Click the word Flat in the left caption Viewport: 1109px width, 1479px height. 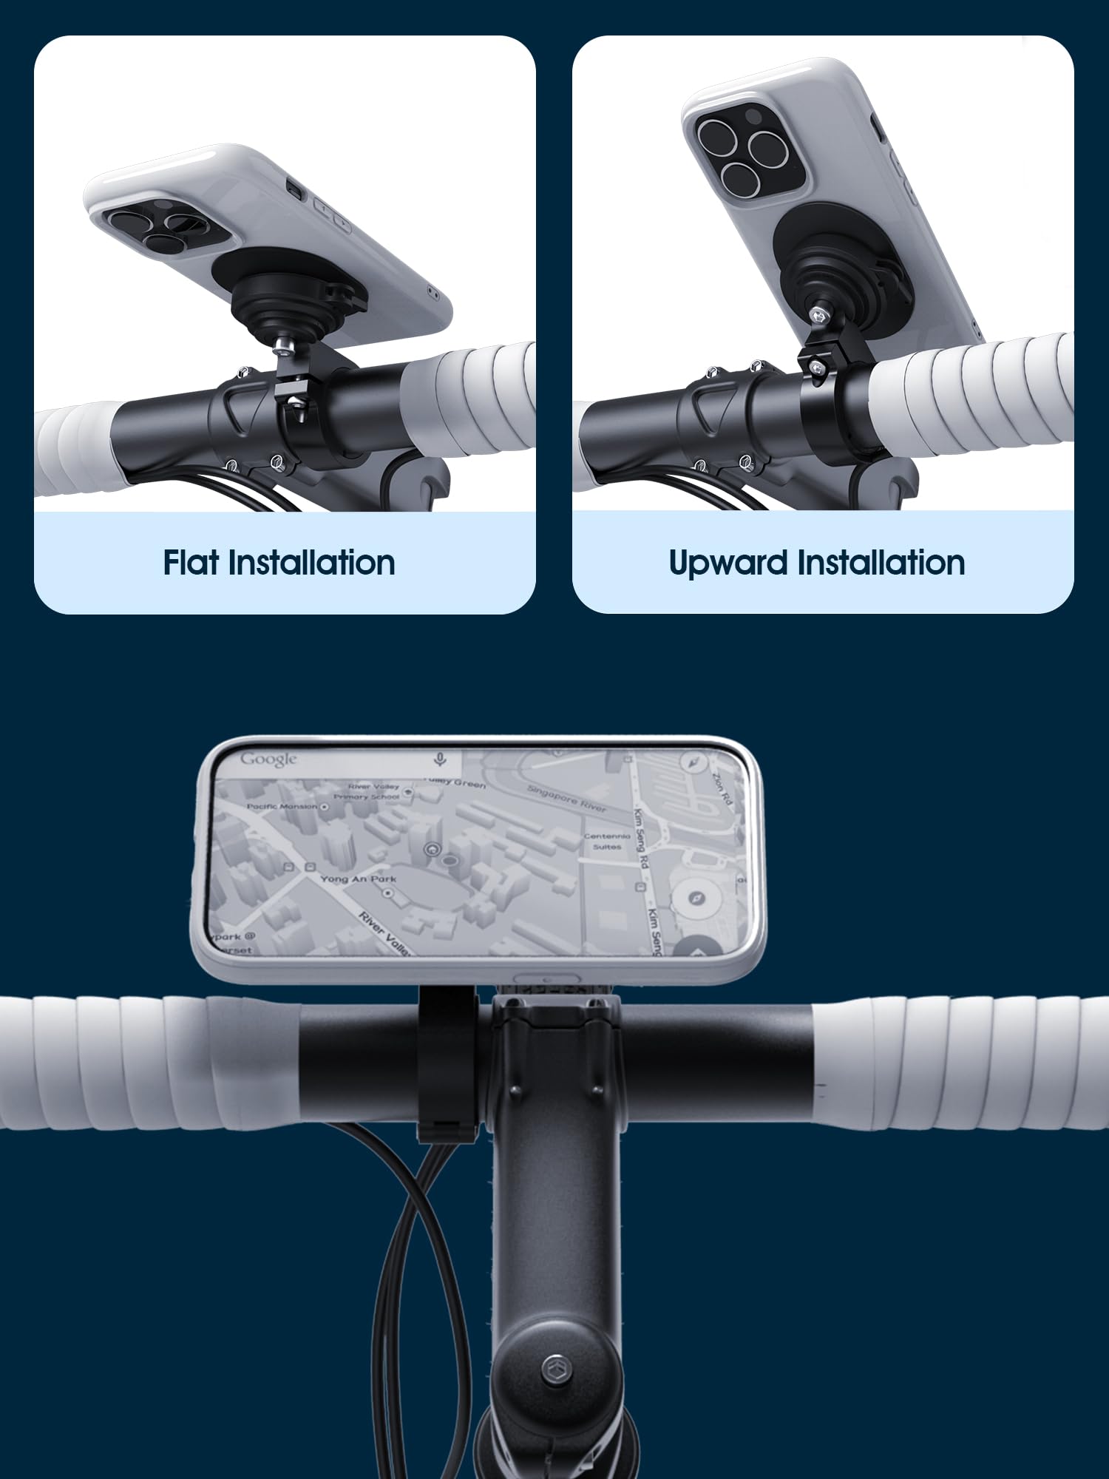tap(191, 563)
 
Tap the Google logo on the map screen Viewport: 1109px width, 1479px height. tap(268, 759)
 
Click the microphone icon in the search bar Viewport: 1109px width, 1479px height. tap(440, 759)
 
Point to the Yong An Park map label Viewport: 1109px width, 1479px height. tap(358, 879)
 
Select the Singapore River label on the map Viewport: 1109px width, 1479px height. tap(566, 799)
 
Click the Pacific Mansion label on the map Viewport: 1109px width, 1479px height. tap(282, 806)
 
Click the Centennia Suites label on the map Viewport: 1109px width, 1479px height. tap(607, 842)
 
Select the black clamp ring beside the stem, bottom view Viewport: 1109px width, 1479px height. tap(447, 1061)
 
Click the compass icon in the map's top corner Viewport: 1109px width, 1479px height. tap(693, 762)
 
